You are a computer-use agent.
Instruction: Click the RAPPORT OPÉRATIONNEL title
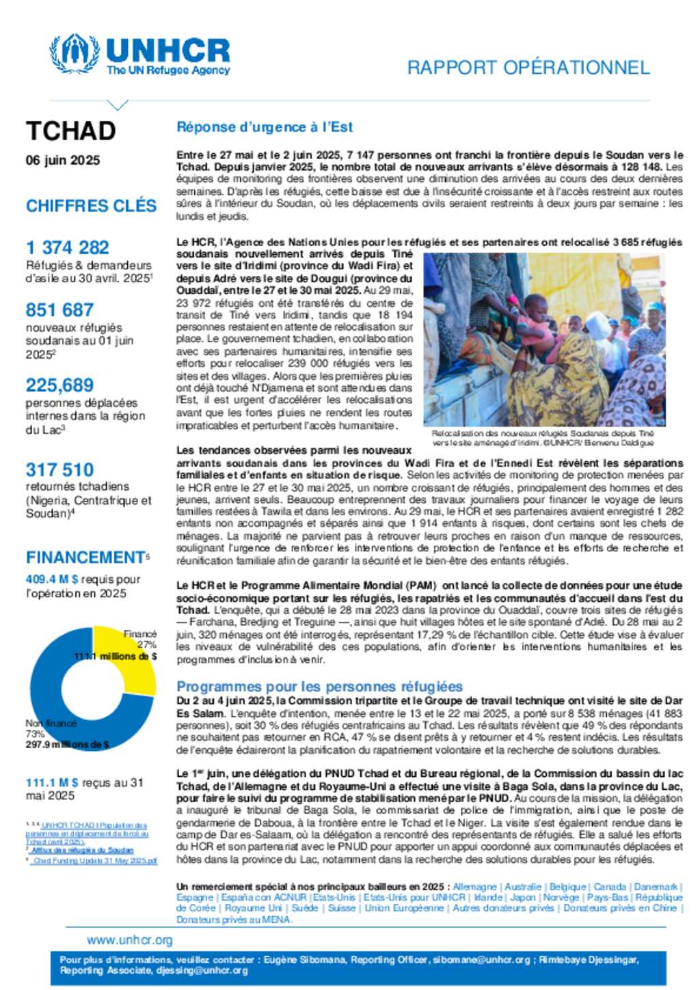(x=528, y=68)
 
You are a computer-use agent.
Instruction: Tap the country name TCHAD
(x=71, y=131)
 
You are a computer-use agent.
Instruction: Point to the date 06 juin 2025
(x=63, y=161)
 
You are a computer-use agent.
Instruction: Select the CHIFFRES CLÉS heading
(x=91, y=206)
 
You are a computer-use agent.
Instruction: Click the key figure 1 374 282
(x=68, y=247)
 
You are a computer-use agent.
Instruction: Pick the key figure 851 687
(x=59, y=310)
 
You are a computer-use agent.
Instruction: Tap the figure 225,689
(x=59, y=385)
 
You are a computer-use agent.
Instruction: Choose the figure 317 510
(x=59, y=470)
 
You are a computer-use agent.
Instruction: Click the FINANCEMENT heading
(x=85, y=558)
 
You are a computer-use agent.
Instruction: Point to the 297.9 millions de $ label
(x=67, y=745)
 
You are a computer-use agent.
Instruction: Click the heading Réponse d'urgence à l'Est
(x=265, y=127)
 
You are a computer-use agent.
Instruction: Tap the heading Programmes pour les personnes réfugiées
(x=319, y=687)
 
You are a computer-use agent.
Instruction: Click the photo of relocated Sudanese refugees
(x=544, y=340)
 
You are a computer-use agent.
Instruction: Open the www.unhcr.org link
(x=130, y=940)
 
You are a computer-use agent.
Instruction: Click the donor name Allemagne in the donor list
(x=474, y=887)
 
